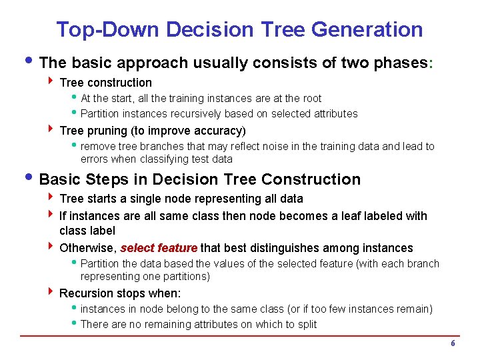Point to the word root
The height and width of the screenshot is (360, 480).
pos(311,99)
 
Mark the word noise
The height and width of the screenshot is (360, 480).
pos(285,146)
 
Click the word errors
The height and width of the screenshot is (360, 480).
pos(94,159)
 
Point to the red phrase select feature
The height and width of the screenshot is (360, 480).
pos(159,248)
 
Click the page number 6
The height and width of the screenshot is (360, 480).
pos(453,343)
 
